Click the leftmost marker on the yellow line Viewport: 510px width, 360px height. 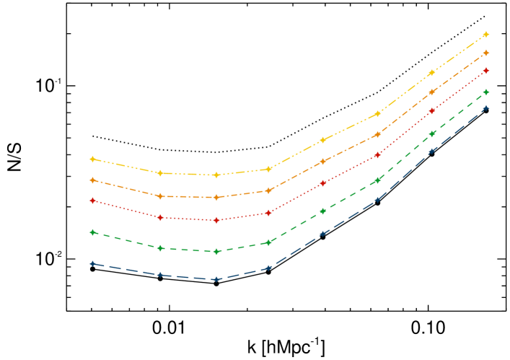pyautogui.click(x=92, y=159)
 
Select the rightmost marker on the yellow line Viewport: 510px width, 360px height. pyautogui.click(x=485, y=35)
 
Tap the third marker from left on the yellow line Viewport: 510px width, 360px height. pyautogui.click(x=216, y=175)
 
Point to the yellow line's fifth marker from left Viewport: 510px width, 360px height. pyautogui.click(x=322, y=140)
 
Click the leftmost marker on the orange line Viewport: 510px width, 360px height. pyautogui.click(x=92, y=180)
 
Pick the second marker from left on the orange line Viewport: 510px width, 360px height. pyautogui.click(x=160, y=196)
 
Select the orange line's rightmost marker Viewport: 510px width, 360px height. pyautogui.click(x=485, y=53)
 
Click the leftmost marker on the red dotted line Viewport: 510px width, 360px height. pyautogui.click(x=92, y=201)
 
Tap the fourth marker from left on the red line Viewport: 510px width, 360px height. pyautogui.click(x=268, y=213)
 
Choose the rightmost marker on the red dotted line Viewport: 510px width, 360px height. pyautogui.click(x=485, y=71)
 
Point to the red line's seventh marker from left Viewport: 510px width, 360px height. pyautogui.click(x=432, y=111)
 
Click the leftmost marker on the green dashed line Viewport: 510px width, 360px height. pyautogui.click(x=92, y=232)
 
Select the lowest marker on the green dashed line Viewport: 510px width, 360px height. pyautogui.click(x=216, y=252)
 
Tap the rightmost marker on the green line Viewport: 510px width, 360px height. pyautogui.click(x=485, y=92)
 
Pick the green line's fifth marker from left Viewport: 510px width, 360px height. pyautogui.click(x=322, y=211)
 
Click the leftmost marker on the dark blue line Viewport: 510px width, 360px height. pyautogui.click(x=92, y=263)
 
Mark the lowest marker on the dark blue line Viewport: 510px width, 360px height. pyautogui.click(x=216, y=279)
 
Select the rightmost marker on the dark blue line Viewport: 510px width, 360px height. pyautogui.click(x=485, y=107)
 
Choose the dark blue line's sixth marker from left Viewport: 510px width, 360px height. pyautogui.click(x=377, y=200)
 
